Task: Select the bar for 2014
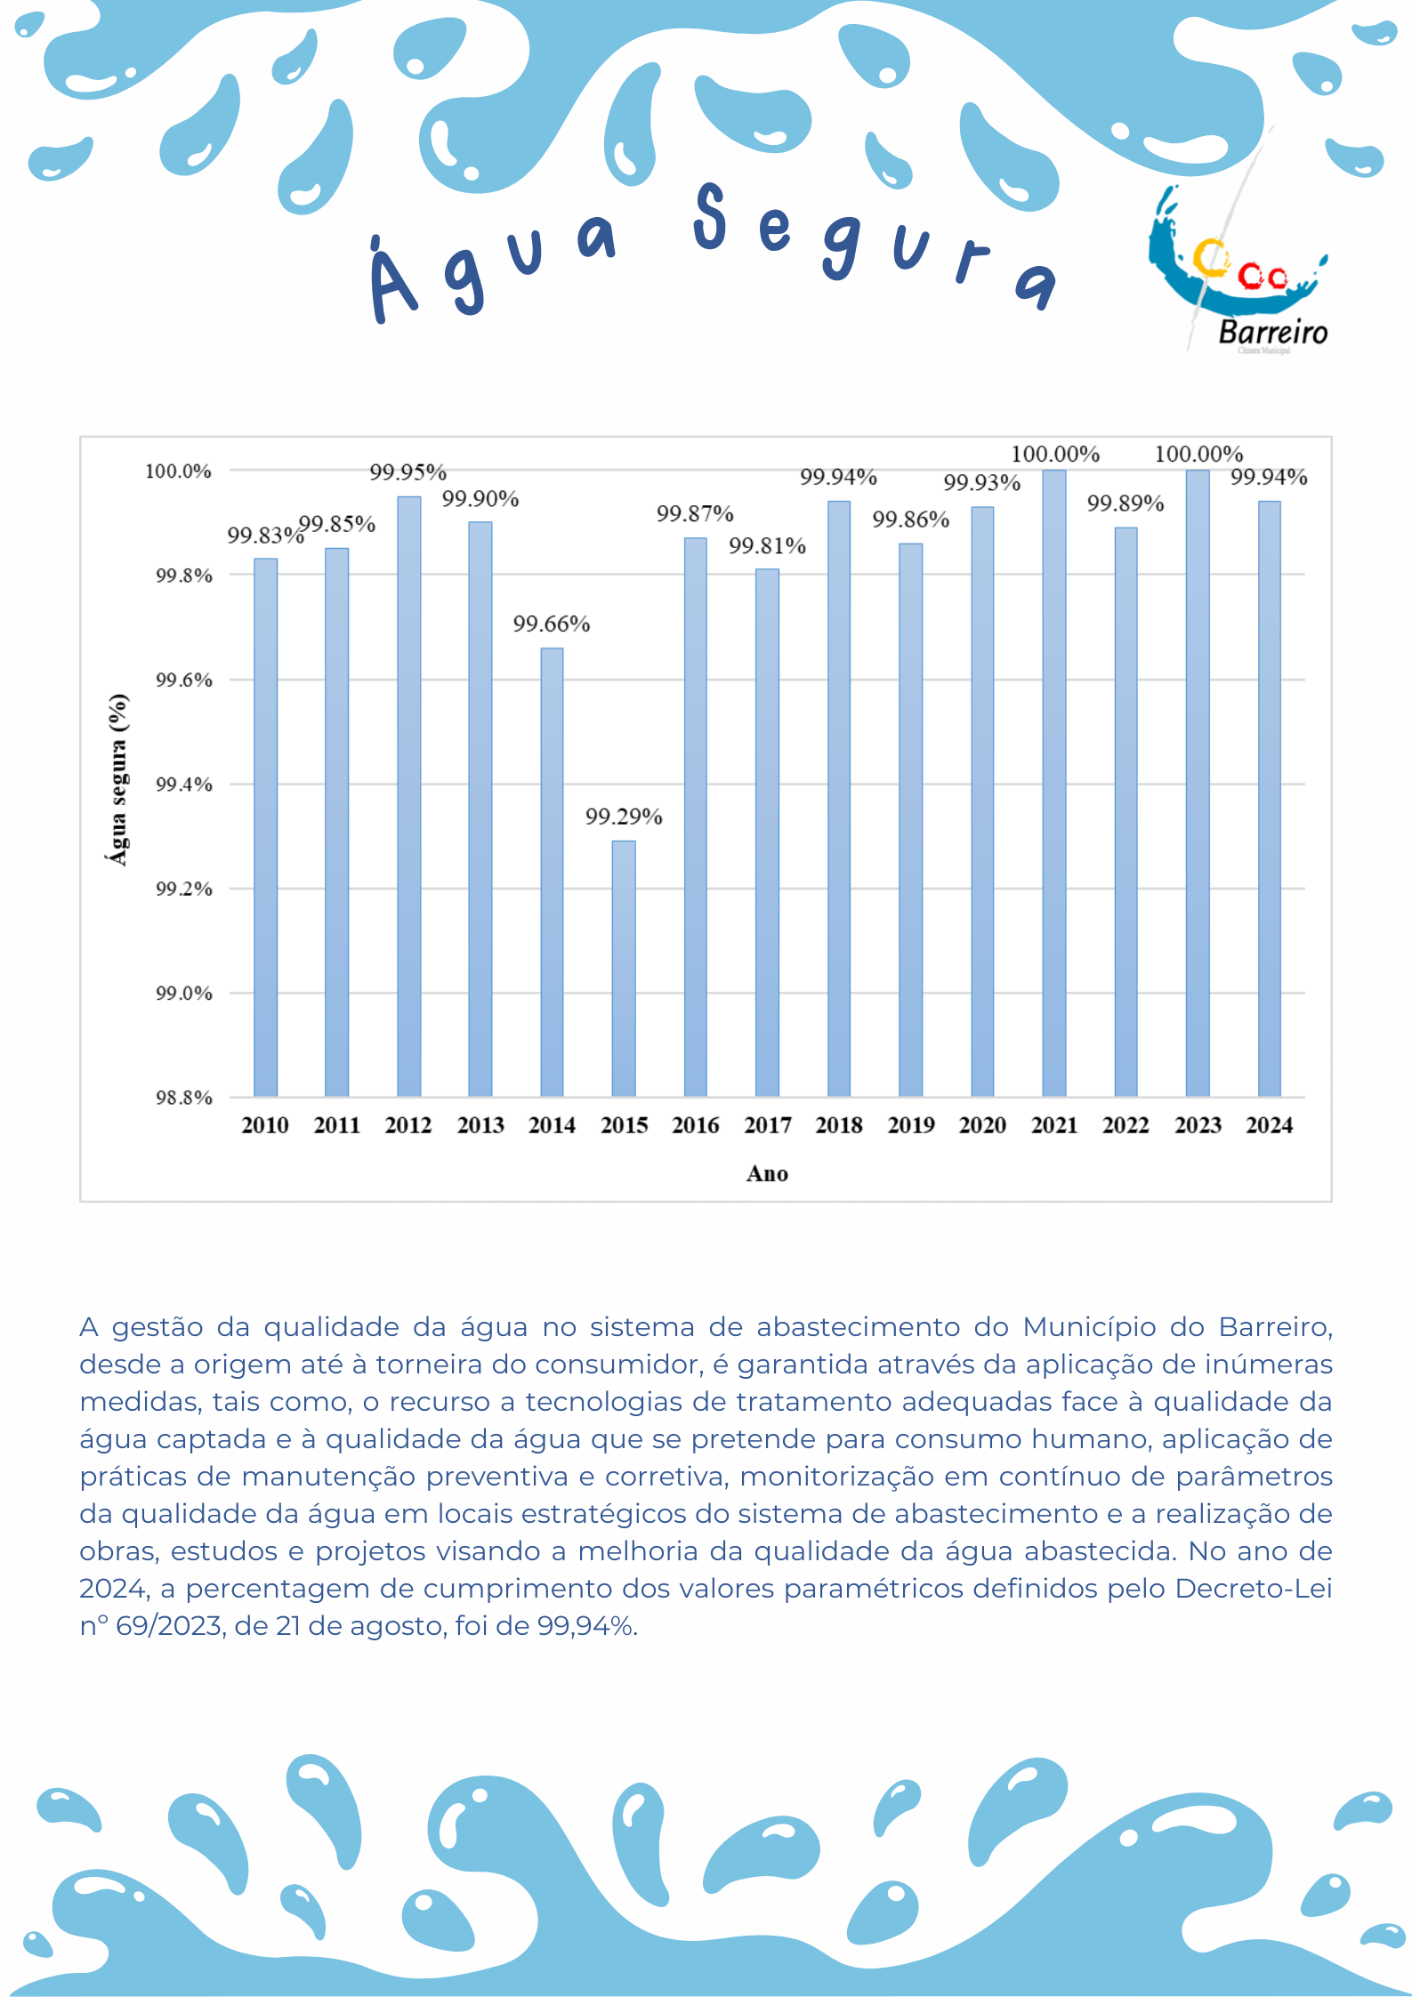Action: coord(552,872)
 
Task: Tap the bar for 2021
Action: coord(1054,783)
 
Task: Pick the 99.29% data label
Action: coord(624,817)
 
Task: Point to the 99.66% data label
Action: coord(552,624)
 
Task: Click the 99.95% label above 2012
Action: coord(408,471)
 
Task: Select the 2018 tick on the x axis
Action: coord(839,1125)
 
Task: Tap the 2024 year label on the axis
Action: coord(1270,1125)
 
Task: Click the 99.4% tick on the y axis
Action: coord(184,785)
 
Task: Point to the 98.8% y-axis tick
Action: coord(184,1098)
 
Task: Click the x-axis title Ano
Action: coord(767,1174)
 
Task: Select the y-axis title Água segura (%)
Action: coord(118,779)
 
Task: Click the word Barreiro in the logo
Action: coord(1272,333)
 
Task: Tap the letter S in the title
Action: coord(710,216)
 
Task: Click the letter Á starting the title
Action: coord(392,282)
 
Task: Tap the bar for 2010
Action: coord(265,827)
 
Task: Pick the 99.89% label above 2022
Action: coord(1126,503)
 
